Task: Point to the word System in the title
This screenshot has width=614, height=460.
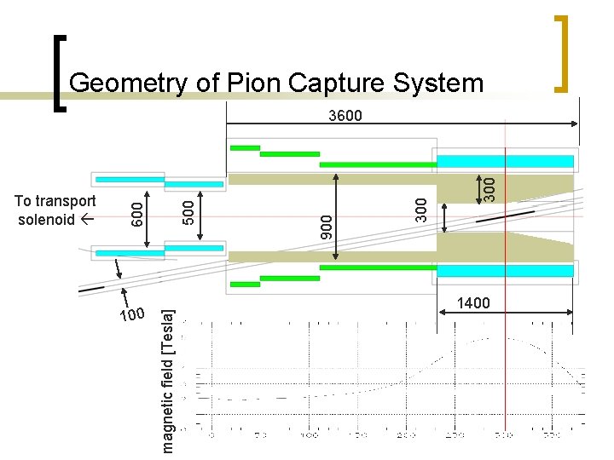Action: click(438, 83)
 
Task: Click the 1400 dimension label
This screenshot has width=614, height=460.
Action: click(474, 304)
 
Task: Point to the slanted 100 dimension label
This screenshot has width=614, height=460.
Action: click(133, 315)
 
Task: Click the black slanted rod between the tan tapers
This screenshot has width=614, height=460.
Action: click(506, 216)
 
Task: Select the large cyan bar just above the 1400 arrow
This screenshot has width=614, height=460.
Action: click(506, 270)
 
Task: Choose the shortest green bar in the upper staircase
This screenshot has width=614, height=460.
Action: click(245, 147)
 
